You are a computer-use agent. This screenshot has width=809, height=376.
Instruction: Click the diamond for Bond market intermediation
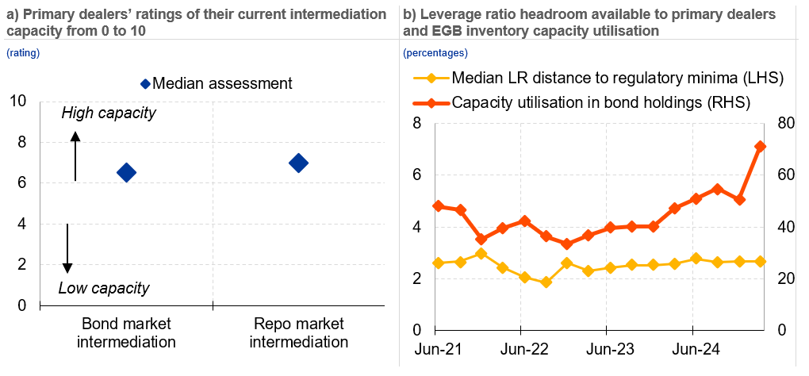click(126, 172)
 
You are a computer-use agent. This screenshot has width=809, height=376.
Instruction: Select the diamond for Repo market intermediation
click(298, 163)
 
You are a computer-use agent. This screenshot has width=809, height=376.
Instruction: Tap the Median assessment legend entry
click(216, 83)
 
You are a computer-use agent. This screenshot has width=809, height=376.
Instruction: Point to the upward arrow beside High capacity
click(75, 155)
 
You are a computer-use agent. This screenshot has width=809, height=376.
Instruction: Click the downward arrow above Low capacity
click(67, 248)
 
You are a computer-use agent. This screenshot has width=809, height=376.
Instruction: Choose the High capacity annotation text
click(109, 113)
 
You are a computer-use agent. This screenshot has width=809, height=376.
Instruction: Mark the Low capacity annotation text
click(104, 288)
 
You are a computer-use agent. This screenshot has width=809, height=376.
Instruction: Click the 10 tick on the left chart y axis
click(18, 101)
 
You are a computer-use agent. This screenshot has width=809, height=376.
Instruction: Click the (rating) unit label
click(23, 53)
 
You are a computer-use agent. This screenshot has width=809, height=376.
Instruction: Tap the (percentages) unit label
click(435, 53)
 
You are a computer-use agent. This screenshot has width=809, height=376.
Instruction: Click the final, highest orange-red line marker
click(760, 147)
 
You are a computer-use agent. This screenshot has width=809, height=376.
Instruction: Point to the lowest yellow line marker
click(546, 282)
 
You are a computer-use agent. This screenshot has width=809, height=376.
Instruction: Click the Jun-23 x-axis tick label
click(607, 349)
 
